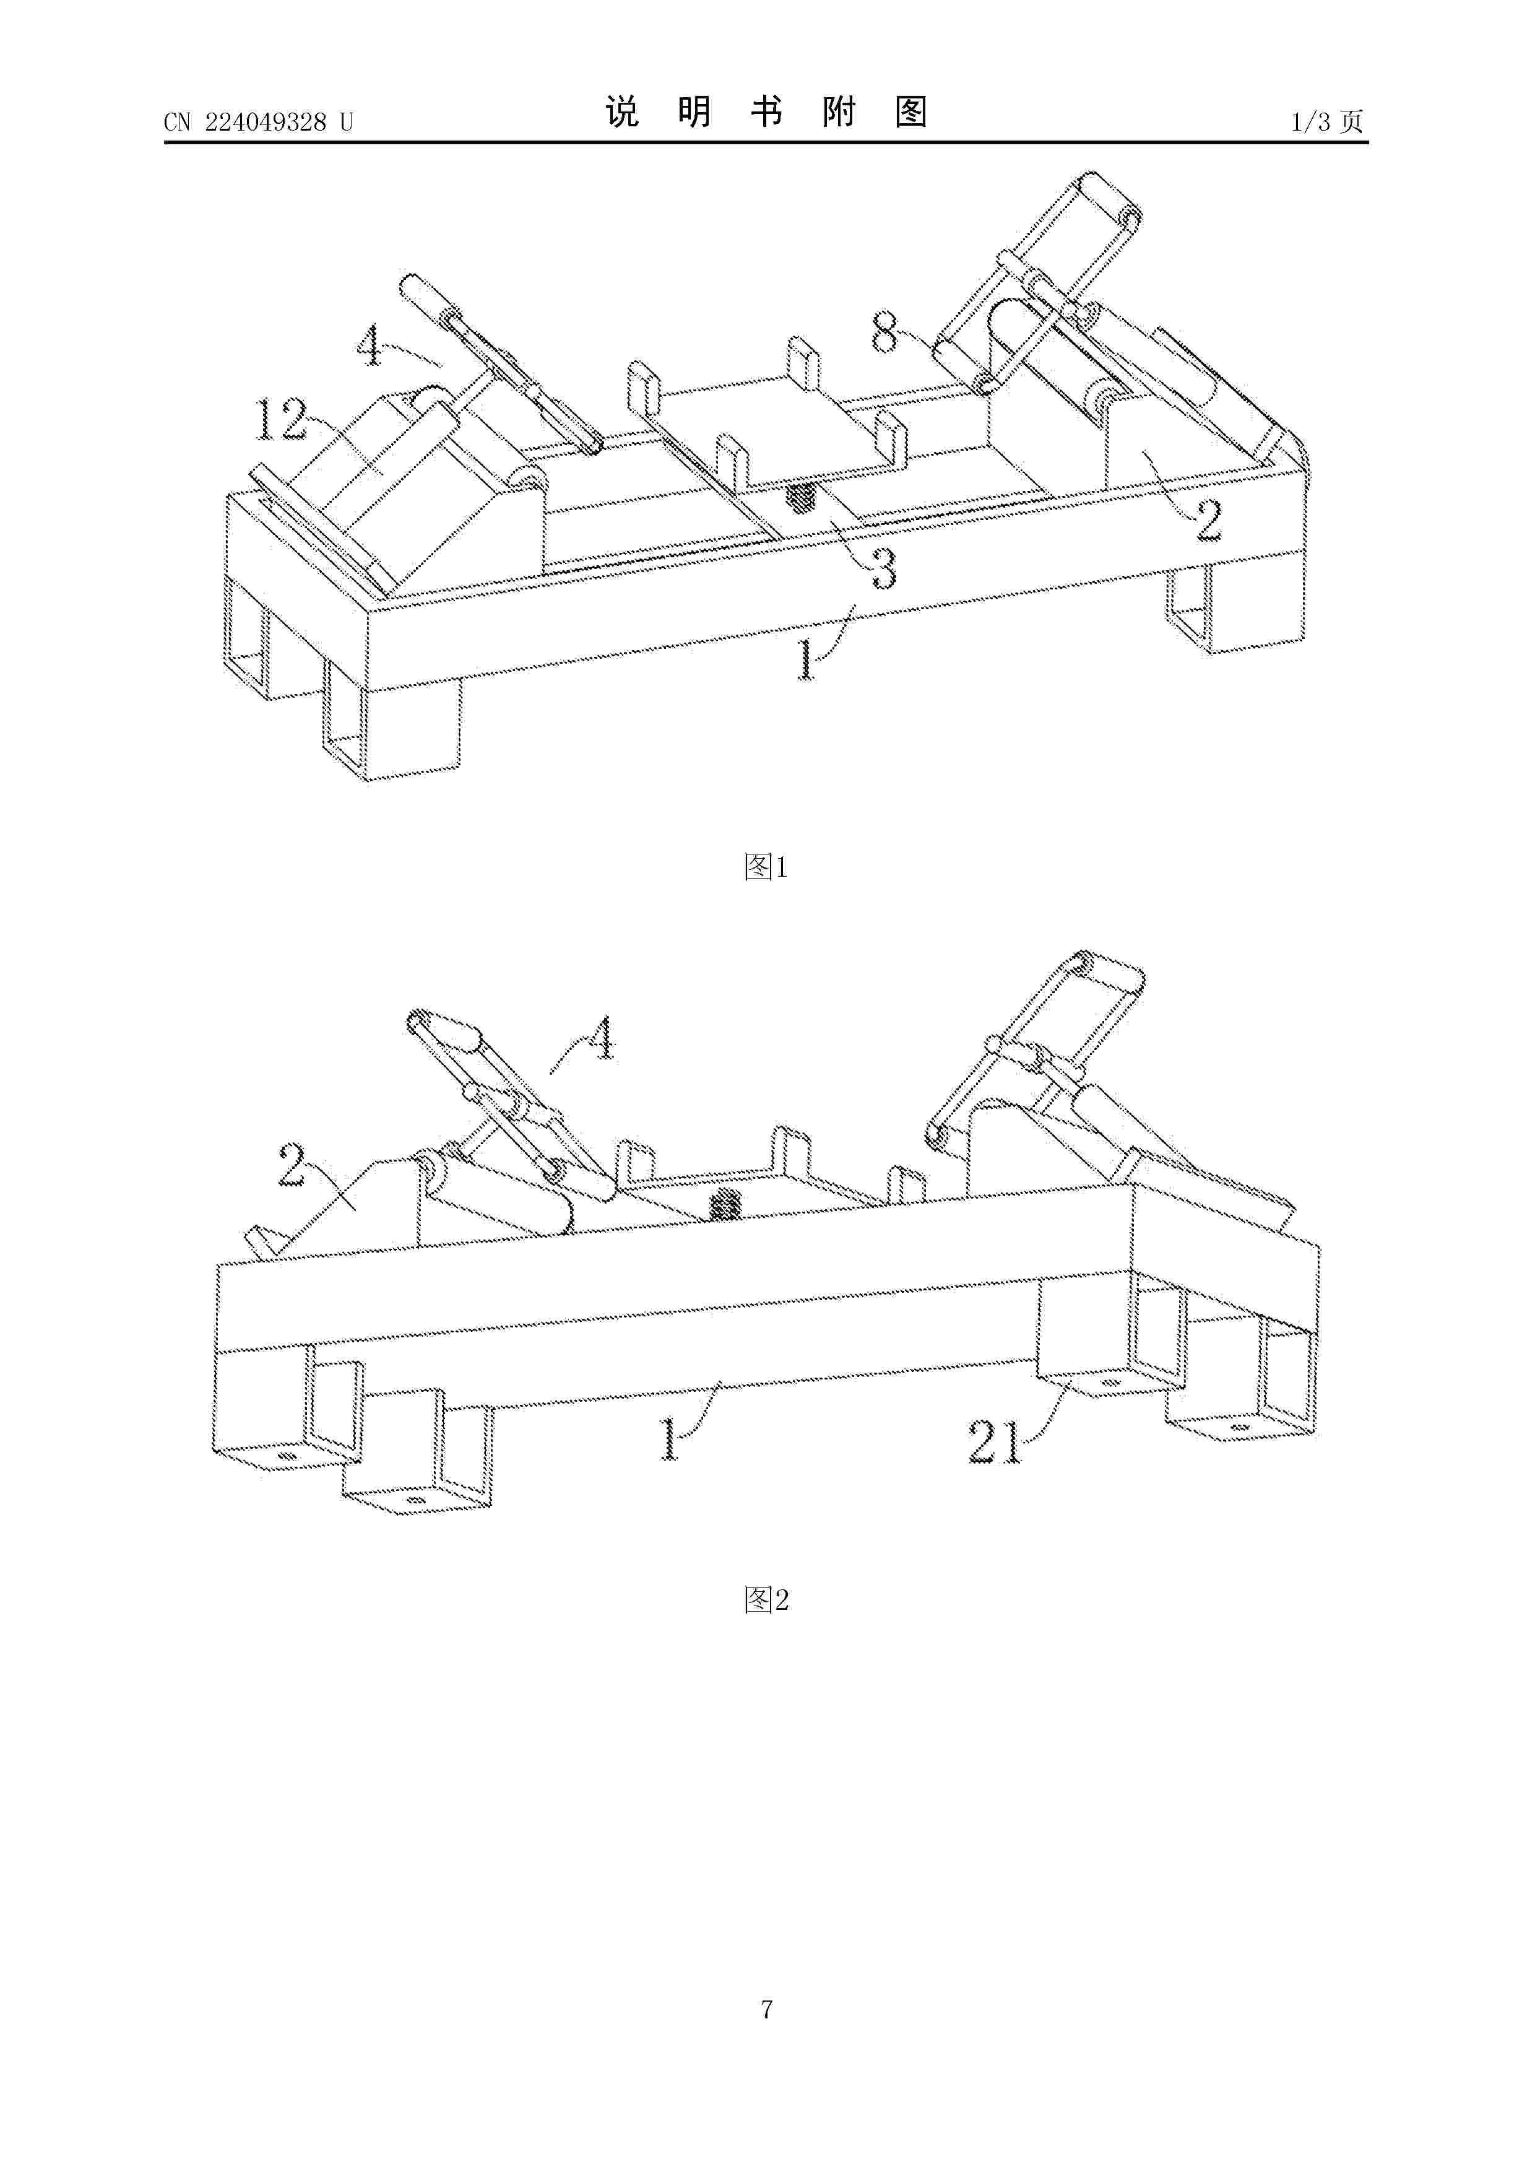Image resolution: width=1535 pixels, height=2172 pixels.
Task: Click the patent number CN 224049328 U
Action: [258, 122]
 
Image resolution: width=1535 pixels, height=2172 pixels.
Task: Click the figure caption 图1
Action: [766, 867]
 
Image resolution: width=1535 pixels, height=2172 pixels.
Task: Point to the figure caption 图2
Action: [766, 1600]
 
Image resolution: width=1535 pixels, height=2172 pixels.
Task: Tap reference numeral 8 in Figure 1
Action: [885, 333]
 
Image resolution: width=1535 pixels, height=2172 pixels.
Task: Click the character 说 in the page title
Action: [622, 113]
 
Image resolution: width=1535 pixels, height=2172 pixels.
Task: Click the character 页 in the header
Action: [1352, 122]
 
